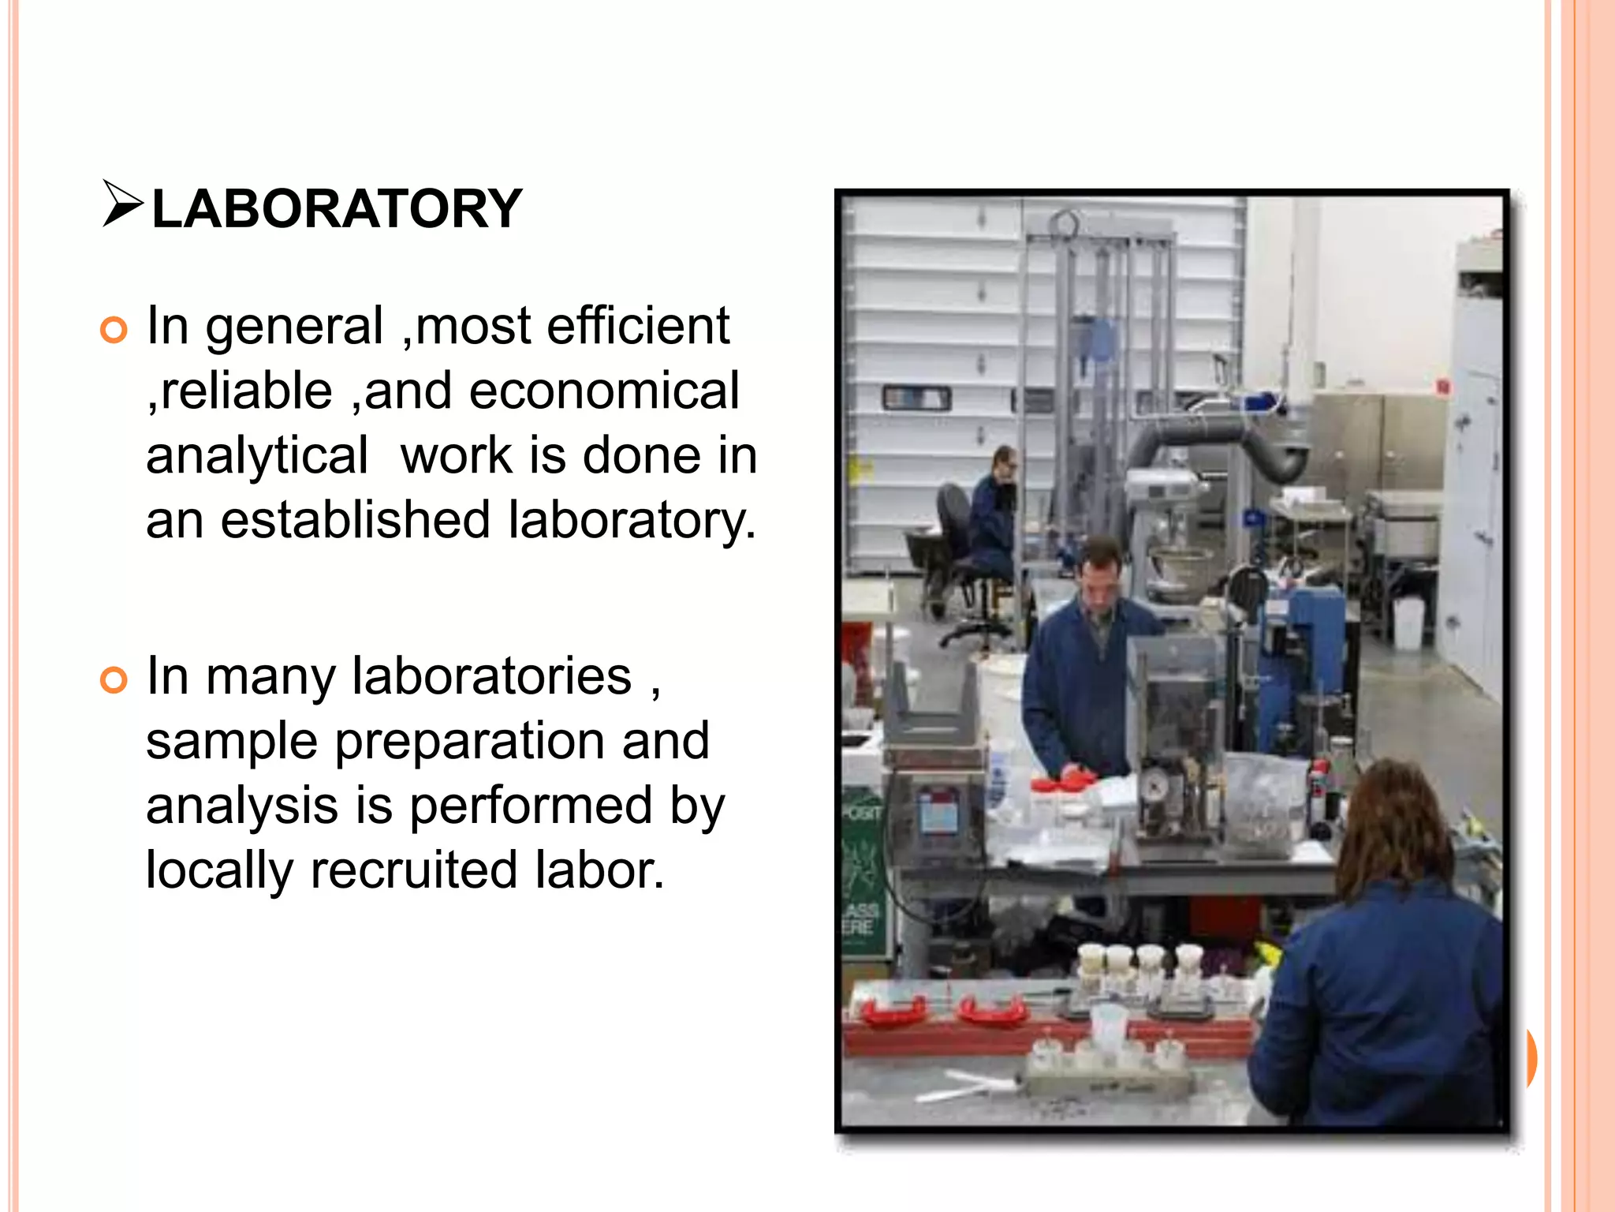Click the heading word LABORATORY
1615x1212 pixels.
(337, 210)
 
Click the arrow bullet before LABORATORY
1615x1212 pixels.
(122, 204)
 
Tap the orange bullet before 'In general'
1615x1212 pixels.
(114, 330)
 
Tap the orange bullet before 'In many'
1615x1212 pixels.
(114, 679)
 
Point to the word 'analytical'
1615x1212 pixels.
(257, 456)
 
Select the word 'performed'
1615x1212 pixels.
(531, 806)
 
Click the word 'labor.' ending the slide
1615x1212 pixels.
(599, 871)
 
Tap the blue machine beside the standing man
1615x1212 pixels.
(1301, 655)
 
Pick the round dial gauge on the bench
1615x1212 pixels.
(1154, 787)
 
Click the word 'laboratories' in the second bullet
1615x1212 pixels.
(491, 677)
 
